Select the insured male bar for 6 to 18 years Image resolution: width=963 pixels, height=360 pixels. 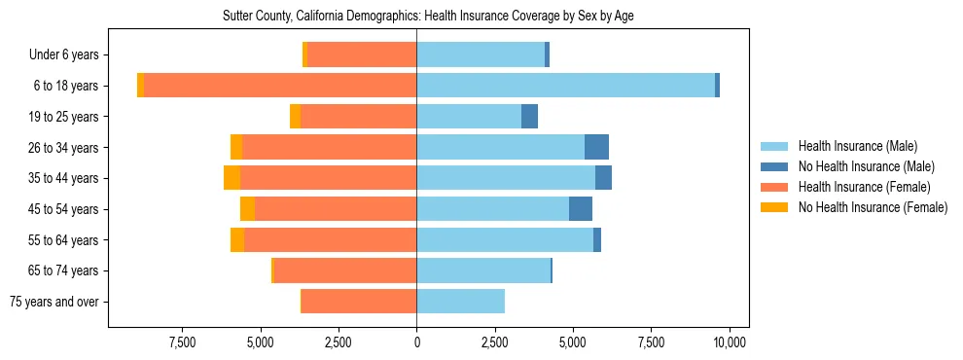(565, 86)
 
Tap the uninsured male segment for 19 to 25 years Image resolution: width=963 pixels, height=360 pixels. (529, 117)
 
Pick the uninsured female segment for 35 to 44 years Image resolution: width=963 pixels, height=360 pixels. (232, 178)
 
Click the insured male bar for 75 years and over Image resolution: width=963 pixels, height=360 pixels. (460, 302)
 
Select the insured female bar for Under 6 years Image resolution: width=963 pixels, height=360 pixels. (362, 54)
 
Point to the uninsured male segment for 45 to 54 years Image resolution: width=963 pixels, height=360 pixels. (581, 209)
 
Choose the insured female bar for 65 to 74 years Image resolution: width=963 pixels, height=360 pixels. (345, 270)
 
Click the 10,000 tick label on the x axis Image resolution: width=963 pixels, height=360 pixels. (729, 342)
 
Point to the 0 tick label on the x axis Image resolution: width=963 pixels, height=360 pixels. (416, 342)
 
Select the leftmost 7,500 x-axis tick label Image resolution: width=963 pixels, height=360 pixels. (183, 342)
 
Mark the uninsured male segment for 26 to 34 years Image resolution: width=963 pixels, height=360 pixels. (596, 147)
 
